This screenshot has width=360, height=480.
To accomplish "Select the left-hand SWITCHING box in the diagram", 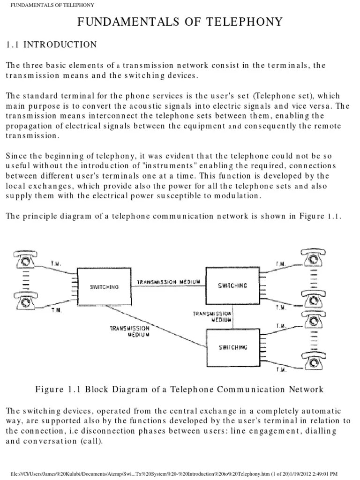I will [104, 287].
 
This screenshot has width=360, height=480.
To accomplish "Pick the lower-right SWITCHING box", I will [232, 347].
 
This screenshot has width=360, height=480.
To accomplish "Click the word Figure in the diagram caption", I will [49, 390].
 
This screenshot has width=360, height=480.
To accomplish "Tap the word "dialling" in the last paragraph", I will [322, 432].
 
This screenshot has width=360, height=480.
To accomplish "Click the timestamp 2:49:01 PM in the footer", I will [337, 473].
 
